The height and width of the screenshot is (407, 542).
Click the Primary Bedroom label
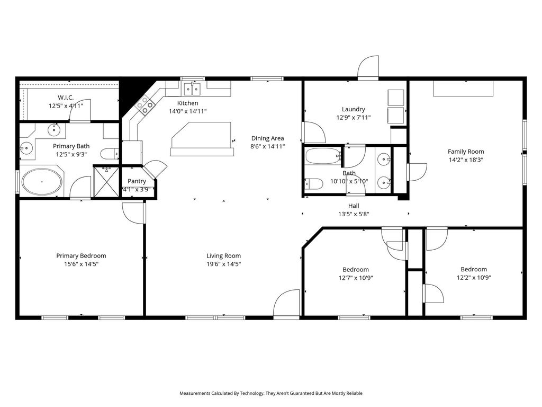(x=81, y=256)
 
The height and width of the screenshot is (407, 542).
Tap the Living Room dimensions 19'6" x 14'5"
(x=224, y=264)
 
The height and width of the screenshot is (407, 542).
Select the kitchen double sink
(x=192, y=89)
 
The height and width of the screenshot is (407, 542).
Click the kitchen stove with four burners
(x=145, y=105)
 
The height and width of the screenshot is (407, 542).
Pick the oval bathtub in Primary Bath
(x=42, y=182)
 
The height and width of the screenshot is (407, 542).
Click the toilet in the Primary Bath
(x=110, y=153)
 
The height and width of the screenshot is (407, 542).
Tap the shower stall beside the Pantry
(x=106, y=182)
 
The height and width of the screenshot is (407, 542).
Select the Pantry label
(x=137, y=181)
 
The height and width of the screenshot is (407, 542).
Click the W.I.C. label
(x=66, y=98)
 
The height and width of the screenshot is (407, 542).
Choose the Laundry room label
(x=353, y=109)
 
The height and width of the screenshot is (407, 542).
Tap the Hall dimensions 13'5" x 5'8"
(x=354, y=214)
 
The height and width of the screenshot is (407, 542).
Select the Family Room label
(x=466, y=152)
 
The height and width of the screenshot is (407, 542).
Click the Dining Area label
(x=267, y=138)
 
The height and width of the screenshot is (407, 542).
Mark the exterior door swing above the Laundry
(x=368, y=68)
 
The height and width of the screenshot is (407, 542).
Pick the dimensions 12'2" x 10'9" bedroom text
(x=474, y=278)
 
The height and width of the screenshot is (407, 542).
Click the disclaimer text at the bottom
(x=271, y=393)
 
